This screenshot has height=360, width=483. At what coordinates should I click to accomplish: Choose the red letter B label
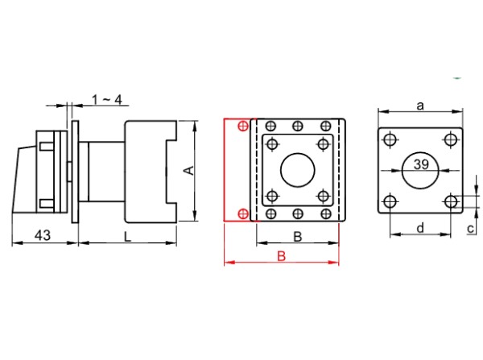coord(281,256)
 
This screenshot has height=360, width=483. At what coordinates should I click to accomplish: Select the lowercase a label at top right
coord(420,105)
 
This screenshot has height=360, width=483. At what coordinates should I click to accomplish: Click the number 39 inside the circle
coord(421,165)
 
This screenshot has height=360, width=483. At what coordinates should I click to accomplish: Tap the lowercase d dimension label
coord(419,228)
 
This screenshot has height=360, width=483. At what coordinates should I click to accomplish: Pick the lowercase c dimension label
coord(470,229)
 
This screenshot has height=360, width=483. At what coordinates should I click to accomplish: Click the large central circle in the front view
coord(299,170)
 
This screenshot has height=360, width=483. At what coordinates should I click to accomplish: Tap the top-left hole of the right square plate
coord(390,140)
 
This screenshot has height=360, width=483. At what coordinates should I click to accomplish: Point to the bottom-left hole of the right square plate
coord(390,201)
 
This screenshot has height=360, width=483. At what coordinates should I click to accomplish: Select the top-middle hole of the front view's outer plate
coord(299,126)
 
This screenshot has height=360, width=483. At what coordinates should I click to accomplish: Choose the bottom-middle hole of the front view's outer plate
coord(299,213)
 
